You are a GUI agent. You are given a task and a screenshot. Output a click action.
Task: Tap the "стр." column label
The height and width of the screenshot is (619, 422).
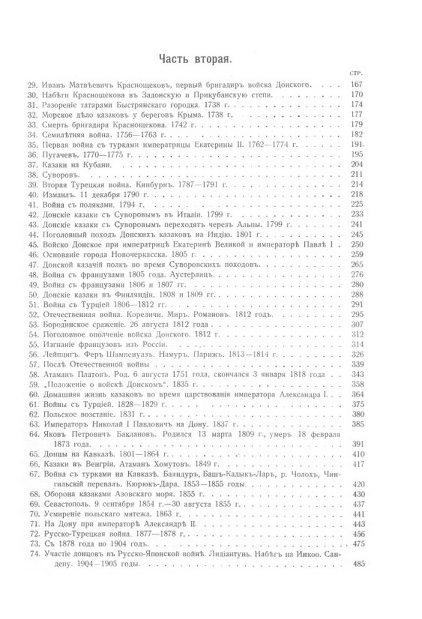(357, 73)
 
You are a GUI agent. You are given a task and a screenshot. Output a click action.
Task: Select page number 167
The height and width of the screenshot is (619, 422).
(357, 84)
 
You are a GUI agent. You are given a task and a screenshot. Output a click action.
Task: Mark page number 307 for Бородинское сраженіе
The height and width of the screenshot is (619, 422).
(357, 324)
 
